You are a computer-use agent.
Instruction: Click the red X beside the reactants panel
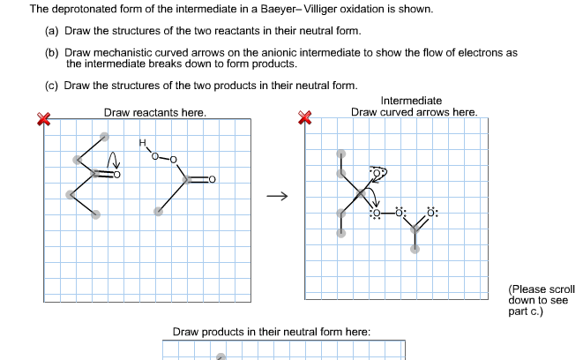[41, 120]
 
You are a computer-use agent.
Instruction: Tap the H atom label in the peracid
[141, 143]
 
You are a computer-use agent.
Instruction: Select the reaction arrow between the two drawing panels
[277, 197]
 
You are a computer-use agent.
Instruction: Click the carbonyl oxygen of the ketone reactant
[116, 174]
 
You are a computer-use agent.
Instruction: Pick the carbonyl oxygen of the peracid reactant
[212, 180]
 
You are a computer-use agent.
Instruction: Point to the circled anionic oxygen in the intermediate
[378, 173]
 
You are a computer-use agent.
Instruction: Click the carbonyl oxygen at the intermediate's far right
[431, 213]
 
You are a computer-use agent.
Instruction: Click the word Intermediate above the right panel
[411, 101]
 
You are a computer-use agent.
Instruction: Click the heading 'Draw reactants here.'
[155, 113]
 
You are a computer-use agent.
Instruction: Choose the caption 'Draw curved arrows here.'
[414, 112]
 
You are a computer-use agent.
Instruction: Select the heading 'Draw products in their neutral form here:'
[272, 332]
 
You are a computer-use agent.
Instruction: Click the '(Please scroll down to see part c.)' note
[541, 300]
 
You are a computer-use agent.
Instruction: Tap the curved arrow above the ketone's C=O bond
[111, 160]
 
